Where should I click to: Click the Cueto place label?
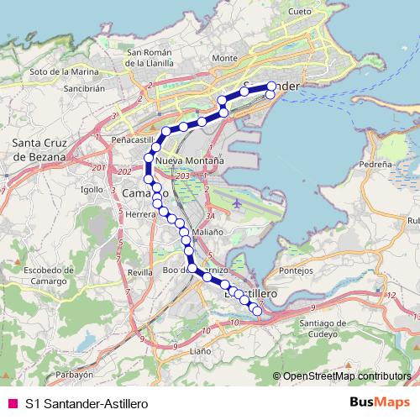[x=299, y=12]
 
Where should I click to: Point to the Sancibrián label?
[x=62, y=87]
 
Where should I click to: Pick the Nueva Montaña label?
[x=189, y=159]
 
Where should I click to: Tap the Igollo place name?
[x=91, y=190]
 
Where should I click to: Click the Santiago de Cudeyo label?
[x=330, y=328]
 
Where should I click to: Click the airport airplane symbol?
[x=239, y=202]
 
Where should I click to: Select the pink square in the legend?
[x=11, y=404]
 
